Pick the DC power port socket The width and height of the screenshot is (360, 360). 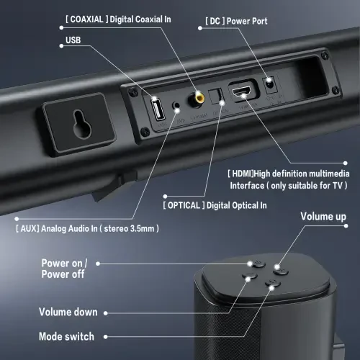tap(271, 84)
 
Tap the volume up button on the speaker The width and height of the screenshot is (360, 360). tap(280, 271)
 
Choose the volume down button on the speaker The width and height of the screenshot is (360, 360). tap(251, 278)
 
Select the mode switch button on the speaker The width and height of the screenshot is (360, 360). tap(271, 285)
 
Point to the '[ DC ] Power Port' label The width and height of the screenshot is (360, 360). tap(236, 22)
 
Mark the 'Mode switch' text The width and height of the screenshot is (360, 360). tap(66, 336)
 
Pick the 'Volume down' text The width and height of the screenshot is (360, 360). tap(69, 312)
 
